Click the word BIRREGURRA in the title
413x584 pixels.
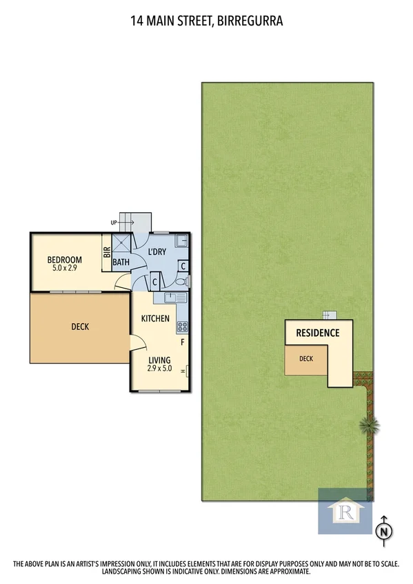(250, 21)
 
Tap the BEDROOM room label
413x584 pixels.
(64, 260)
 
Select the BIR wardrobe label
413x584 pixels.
(107, 252)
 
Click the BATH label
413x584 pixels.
(121, 262)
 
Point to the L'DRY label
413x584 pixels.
(157, 252)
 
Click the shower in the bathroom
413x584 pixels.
(121, 244)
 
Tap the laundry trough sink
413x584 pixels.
(181, 241)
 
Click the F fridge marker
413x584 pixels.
(183, 342)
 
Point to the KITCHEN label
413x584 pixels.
(155, 319)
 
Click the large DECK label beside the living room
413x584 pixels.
(79, 327)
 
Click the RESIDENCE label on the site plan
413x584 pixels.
(317, 333)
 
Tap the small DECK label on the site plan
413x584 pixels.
(305, 358)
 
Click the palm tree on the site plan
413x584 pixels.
(369, 425)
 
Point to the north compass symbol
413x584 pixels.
(383, 530)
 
